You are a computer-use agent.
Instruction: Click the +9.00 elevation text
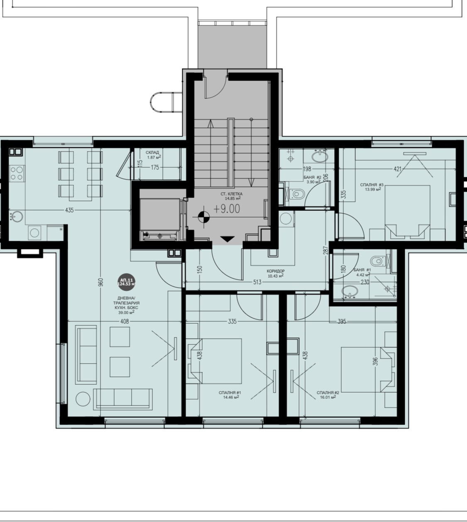(x=227, y=209)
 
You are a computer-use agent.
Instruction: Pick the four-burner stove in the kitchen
(x=17, y=173)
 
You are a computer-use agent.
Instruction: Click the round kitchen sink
(x=16, y=216)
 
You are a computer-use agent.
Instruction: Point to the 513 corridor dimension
(x=257, y=282)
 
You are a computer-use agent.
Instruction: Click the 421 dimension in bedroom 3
(x=397, y=169)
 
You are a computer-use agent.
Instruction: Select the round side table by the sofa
(x=83, y=399)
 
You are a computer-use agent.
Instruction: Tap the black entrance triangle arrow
(x=227, y=239)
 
